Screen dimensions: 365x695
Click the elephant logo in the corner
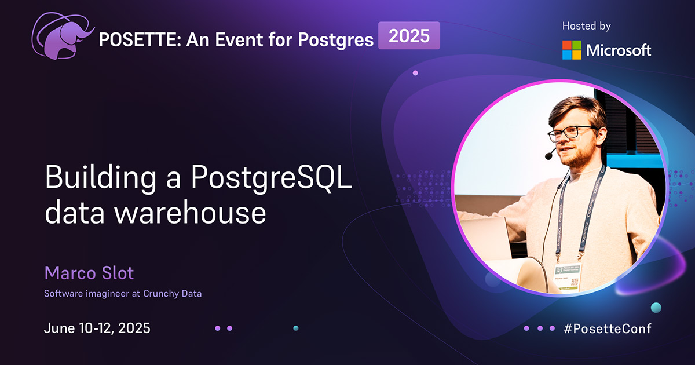[63, 36]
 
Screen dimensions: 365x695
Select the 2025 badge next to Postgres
[409, 36]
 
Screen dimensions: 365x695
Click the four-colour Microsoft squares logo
[572, 50]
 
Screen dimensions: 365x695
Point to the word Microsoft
[619, 50]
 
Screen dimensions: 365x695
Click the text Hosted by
[586, 26]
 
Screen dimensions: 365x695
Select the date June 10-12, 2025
[97, 328]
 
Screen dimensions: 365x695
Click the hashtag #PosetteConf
[607, 329]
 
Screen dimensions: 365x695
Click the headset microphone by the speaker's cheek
[550, 155]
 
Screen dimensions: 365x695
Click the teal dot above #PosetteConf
[656, 307]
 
